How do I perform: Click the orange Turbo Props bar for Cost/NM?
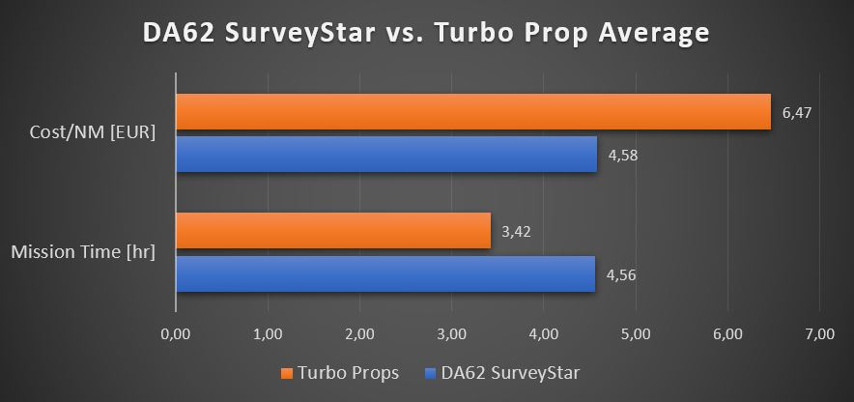coord(473,112)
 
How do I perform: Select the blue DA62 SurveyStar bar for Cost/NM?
coord(386,155)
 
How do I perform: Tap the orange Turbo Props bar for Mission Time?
coord(333,231)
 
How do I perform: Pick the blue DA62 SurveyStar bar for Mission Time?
coord(385,273)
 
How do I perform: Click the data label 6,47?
coord(797,113)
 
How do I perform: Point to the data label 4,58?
coord(622,155)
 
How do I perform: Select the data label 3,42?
coord(517,232)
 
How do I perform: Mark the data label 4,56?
coord(620,274)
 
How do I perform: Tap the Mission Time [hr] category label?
coord(83,253)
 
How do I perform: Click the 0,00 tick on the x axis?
coord(175,334)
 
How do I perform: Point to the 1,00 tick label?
coord(268,334)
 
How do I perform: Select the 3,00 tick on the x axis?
coord(451,334)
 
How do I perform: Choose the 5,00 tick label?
coord(636,334)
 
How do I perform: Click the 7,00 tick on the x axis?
coord(819,334)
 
